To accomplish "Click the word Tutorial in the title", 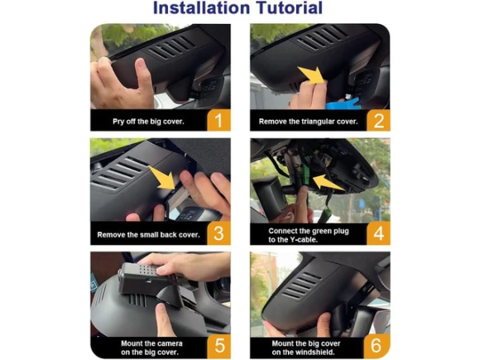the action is [290, 7].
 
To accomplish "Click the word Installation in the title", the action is [203, 7].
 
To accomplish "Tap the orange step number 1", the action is [218, 120].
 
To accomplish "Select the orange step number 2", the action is [379, 120].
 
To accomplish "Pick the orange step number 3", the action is [218, 233].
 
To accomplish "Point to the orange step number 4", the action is [379, 233].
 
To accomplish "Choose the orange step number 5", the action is [219, 346].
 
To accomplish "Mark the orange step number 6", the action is [377, 346].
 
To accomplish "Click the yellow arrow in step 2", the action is [311, 75].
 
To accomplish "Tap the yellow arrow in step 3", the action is [162, 178].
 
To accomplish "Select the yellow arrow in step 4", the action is [329, 183].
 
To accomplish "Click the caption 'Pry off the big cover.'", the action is [148, 122].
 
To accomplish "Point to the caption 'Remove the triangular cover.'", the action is [308, 122].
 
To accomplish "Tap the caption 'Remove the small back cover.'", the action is [148, 235].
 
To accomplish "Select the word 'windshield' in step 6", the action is [316, 353].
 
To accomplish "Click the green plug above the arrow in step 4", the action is [306, 175].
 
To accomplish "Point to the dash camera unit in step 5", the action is [144, 279].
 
